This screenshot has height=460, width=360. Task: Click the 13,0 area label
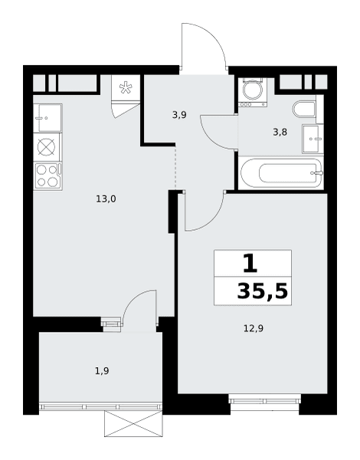click(106, 199)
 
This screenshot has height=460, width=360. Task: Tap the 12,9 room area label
click(254, 329)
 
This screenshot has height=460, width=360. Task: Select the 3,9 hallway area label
click(179, 115)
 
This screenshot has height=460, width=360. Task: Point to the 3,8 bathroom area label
click(280, 133)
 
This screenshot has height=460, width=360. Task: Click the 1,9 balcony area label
click(102, 371)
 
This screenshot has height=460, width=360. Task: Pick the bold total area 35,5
click(263, 291)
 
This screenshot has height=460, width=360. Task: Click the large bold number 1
click(250, 263)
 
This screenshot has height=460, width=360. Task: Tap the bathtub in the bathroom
click(281, 173)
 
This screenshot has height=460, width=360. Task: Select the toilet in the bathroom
click(304, 109)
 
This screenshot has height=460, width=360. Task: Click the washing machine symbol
click(253, 92)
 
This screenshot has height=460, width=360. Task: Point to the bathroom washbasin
click(313, 139)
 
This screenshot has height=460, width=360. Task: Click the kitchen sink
click(47, 118)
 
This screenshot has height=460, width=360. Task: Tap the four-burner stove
click(47, 176)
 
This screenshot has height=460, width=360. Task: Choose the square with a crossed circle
click(47, 147)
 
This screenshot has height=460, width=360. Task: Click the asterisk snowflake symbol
click(126, 87)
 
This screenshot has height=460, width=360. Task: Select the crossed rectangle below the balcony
click(133, 424)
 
